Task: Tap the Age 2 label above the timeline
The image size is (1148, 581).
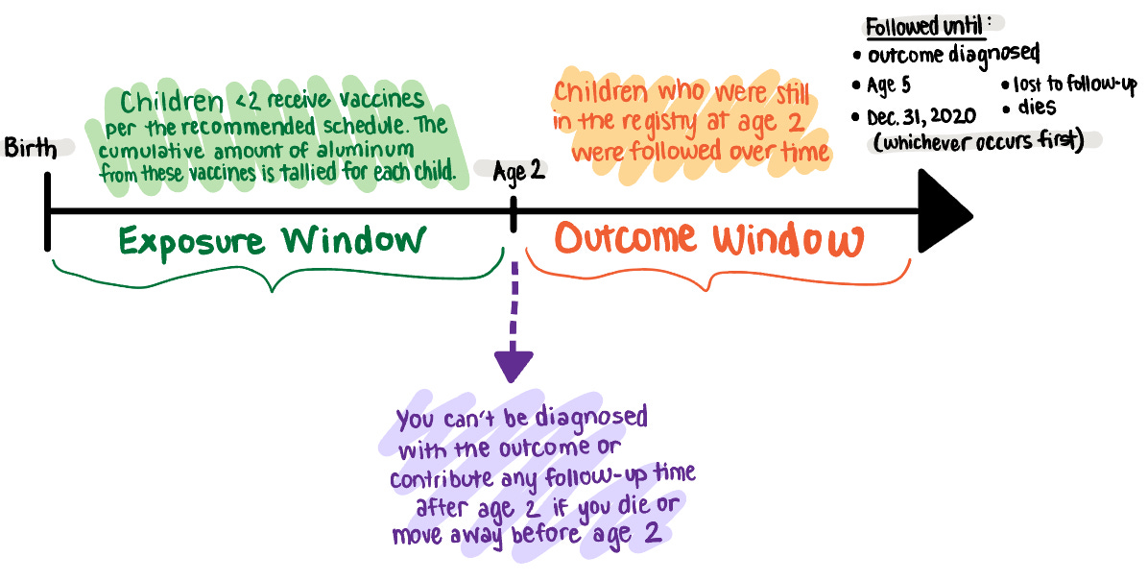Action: tap(519, 174)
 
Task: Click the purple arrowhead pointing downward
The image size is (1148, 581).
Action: tap(514, 366)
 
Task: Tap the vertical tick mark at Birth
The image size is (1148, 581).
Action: tap(47, 210)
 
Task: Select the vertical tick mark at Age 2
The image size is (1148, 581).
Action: tap(514, 212)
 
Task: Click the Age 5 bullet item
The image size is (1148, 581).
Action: tap(889, 85)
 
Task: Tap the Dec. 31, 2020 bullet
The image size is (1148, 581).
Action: tap(921, 116)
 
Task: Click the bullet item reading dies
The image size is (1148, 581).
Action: tap(1036, 108)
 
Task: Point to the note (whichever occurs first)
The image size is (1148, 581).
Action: tap(974, 140)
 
